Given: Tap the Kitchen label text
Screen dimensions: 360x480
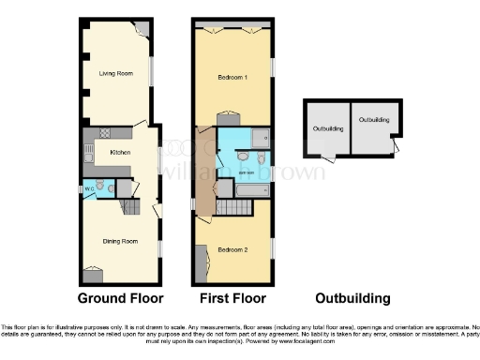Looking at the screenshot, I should [120, 152].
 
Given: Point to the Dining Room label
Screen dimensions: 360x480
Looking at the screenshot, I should [120, 241].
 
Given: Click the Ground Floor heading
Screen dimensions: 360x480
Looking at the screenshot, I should [120, 299].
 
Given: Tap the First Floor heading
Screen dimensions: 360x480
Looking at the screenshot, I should [233, 299].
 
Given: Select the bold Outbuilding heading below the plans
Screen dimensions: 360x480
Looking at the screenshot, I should [352, 299].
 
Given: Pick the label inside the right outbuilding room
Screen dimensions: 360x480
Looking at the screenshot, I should [374, 120].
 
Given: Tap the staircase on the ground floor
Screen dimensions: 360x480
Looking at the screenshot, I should [137, 205].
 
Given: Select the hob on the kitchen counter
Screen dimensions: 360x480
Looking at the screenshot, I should [105, 132].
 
